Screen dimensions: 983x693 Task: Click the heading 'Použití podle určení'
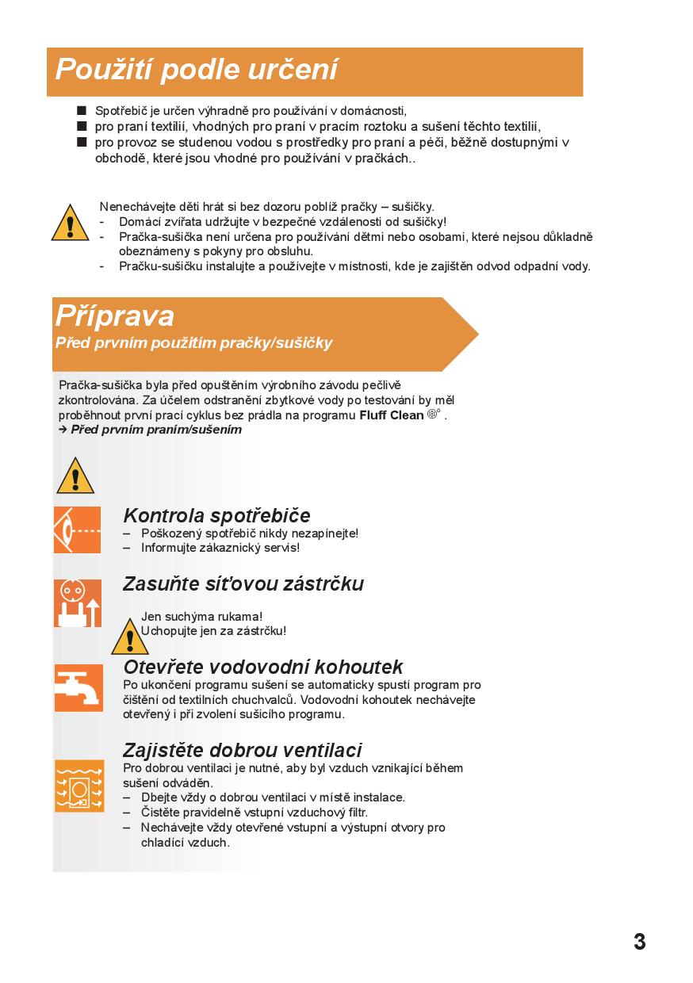coord(197,71)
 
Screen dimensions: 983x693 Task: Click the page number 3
coord(639,942)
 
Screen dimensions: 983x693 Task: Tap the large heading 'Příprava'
coord(115,316)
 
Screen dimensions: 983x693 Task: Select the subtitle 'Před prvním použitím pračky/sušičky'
coord(193,343)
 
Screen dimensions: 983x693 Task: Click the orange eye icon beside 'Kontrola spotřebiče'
coord(77,530)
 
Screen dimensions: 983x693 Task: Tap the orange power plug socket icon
coord(77,603)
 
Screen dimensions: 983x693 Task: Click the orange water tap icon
coord(78,687)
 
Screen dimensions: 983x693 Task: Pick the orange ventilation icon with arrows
coord(78,786)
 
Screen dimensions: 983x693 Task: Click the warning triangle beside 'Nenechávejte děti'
coord(71,223)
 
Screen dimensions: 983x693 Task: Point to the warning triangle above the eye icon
coord(75,476)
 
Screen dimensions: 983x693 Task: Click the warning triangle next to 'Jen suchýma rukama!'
coord(129,637)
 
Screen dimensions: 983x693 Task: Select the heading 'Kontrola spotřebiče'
coord(216,516)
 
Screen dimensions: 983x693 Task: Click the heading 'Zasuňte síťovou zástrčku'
coord(243,584)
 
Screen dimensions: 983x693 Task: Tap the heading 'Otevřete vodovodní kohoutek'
coord(263,667)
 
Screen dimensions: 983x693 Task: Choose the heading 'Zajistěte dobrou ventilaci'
coord(243,750)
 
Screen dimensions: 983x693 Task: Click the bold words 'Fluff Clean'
coord(391,415)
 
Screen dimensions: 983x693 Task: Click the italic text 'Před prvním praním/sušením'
coord(156,430)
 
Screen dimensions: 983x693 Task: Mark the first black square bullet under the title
coord(81,111)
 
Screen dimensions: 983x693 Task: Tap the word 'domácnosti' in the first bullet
coord(373,111)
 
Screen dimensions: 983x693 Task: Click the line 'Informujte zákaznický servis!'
coord(220,548)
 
